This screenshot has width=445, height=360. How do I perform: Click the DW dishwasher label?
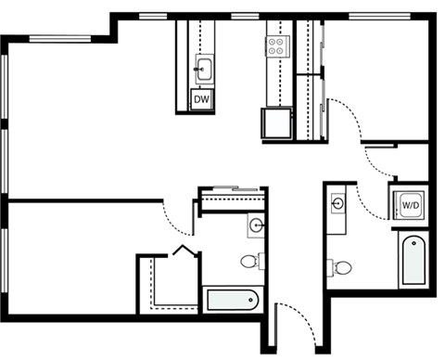tap(201, 99)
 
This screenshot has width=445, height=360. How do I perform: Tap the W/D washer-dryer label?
tap(409, 204)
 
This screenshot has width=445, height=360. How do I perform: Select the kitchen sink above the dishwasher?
tap(203, 68)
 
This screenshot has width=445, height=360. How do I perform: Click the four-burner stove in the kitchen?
tap(277, 46)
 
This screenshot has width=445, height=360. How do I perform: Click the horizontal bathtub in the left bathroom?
tap(232, 300)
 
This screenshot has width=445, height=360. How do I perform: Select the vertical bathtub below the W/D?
tap(413, 259)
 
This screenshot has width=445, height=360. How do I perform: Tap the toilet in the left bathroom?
tap(250, 261)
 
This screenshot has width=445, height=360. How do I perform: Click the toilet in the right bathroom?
tap(341, 268)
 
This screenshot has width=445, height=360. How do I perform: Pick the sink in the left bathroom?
tap(256, 225)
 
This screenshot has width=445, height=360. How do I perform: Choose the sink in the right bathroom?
tap(338, 202)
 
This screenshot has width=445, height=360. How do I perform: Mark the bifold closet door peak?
tap(184, 249)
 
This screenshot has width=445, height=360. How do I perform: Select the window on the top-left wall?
tap(60, 38)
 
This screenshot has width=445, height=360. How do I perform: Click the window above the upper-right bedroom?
tap(380, 16)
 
